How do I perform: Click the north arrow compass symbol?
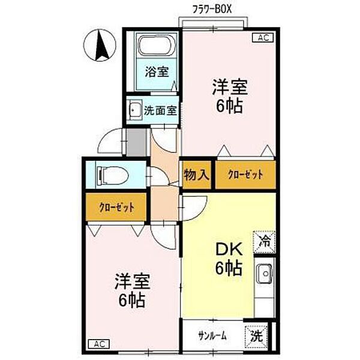[x=101, y=46]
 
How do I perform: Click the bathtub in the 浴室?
[x=155, y=47]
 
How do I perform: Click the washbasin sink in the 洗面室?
[x=134, y=110]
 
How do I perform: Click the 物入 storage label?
[x=197, y=175]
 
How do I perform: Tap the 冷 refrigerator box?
[x=265, y=242]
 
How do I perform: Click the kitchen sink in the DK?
[x=265, y=275]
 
